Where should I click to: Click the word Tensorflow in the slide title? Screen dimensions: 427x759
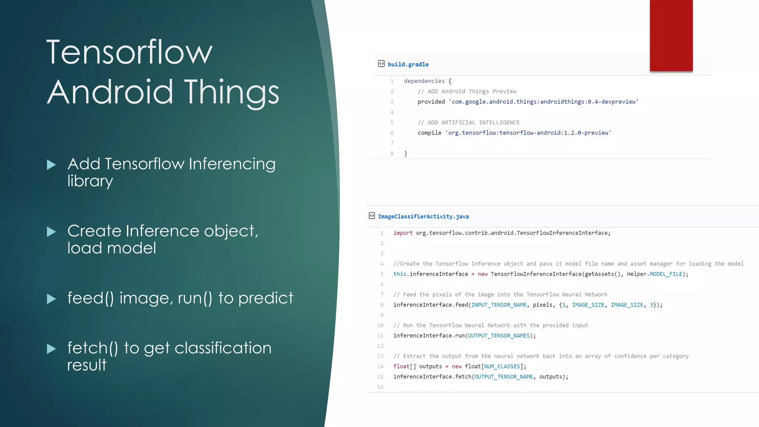click(129, 52)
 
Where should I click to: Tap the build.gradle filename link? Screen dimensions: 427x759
click(408, 64)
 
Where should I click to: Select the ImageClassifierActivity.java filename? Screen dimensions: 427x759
click(423, 216)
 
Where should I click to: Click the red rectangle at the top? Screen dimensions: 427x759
click(671, 35)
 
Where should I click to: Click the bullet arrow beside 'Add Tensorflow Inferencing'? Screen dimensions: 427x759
click(52, 165)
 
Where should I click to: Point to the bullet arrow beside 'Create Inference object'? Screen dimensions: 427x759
click(52, 232)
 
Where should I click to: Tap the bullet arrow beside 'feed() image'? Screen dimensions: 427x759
click(52, 299)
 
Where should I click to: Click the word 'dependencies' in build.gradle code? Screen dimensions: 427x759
click(424, 81)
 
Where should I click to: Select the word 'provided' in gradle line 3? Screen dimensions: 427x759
click(431, 102)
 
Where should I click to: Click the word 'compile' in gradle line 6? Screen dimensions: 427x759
click(429, 133)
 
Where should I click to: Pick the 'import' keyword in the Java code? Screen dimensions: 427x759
click(403, 233)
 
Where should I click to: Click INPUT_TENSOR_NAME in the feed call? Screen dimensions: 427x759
click(499, 305)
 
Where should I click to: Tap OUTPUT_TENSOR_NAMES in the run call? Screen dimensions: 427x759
click(499, 335)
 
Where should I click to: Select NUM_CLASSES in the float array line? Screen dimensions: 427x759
click(502, 366)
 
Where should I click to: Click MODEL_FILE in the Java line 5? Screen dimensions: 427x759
click(666, 274)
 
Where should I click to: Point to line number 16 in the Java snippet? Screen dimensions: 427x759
click(380, 387)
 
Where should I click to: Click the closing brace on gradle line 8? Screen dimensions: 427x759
click(406, 153)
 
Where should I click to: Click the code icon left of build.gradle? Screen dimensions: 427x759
click(381, 64)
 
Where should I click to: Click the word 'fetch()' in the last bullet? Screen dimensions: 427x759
click(93, 348)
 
